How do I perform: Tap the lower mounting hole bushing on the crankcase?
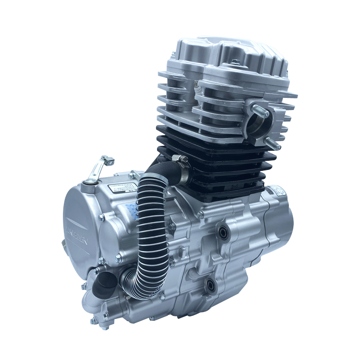point(210,286)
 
